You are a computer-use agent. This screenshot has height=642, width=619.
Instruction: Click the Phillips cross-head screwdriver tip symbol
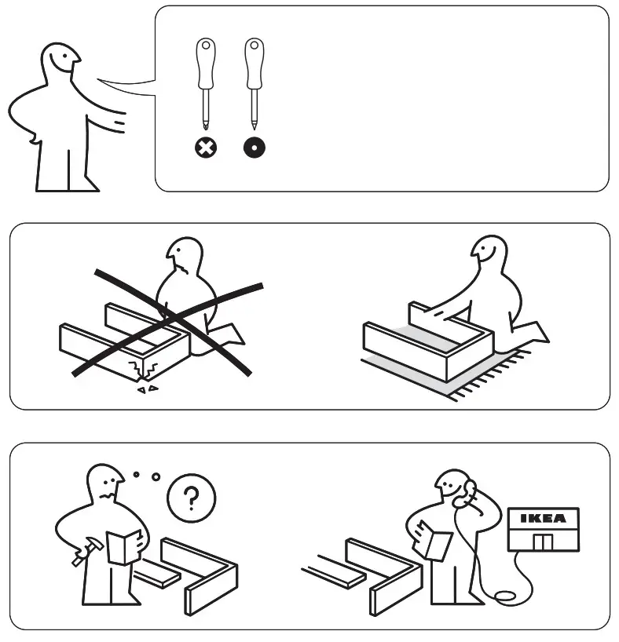tap(207, 147)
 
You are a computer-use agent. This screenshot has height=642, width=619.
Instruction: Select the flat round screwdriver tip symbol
tap(255, 147)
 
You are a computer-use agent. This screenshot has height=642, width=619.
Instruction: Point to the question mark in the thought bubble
tap(192, 497)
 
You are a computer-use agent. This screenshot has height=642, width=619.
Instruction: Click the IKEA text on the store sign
tap(543, 519)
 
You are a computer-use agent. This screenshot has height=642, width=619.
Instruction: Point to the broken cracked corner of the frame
tap(144, 367)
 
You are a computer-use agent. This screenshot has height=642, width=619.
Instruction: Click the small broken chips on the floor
tap(146, 388)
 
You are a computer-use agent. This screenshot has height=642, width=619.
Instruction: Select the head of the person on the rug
tap(489, 254)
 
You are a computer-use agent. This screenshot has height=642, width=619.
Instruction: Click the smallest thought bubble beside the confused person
tap(137, 474)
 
